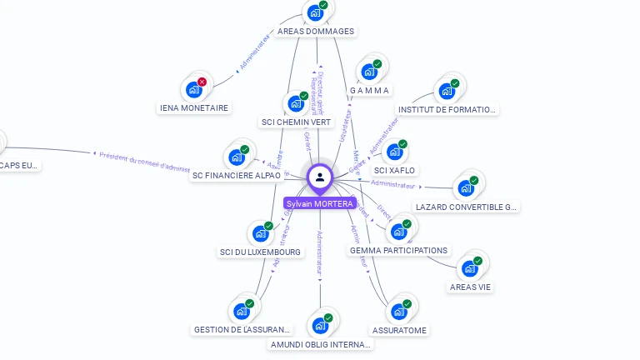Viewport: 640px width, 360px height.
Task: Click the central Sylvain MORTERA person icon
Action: tap(320, 177)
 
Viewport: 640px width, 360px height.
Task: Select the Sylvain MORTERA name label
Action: tap(319, 203)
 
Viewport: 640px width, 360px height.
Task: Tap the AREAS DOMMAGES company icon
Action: tap(315, 12)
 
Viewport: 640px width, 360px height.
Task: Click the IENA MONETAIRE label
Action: tap(193, 107)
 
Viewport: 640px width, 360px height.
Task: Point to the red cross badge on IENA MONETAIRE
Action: tap(202, 82)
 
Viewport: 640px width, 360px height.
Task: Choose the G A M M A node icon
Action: tap(369, 72)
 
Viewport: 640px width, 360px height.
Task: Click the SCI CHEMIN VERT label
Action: tap(296, 122)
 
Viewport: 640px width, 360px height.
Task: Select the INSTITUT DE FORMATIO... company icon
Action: tap(447, 91)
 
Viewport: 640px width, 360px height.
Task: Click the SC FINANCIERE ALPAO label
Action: tap(237, 176)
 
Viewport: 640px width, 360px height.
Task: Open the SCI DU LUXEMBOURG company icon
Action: tap(260, 233)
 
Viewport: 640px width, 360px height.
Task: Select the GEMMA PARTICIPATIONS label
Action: tap(398, 250)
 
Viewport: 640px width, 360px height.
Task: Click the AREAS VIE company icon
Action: tap(470, 268)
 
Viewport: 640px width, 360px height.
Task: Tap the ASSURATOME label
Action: tap(399, 330)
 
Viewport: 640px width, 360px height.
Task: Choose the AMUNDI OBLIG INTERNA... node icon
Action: tap(320, 326)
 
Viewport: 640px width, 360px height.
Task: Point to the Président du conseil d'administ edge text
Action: tap(144, 162)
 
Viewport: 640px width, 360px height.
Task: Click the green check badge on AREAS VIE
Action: tap(478, 261)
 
